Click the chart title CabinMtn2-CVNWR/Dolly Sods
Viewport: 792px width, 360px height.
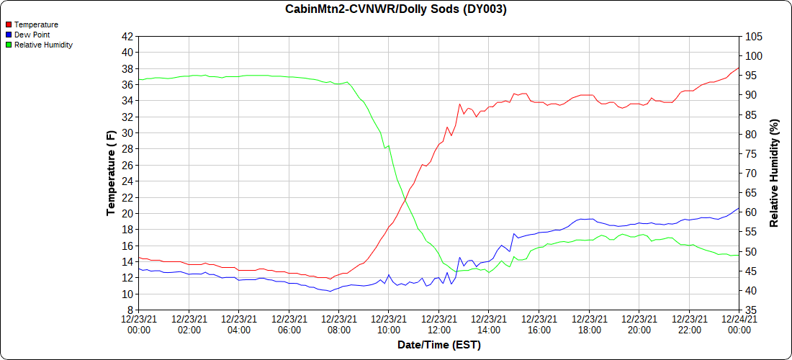[x=395, y=9]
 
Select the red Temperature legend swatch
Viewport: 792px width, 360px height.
[x=8, y=24]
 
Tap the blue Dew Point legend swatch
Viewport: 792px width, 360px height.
[x=8, y=35]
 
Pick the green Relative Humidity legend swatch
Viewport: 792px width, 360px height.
[x=8, y=45]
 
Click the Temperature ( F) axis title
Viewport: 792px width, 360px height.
[x=111, y=173]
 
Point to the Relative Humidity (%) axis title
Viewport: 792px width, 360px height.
[x=775, y=173]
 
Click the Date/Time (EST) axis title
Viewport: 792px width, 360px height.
[x=438, y=345]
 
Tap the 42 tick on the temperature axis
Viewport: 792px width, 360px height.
[x=127, y=36]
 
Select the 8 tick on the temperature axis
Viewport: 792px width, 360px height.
[x=130, y=310]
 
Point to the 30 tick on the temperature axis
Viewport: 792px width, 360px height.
[x=127, y=133]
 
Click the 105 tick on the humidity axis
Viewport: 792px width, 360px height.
[x=753, y=36]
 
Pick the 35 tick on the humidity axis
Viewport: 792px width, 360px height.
[x=751, y=310]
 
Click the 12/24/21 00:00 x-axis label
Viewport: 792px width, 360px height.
[x=739, y=324]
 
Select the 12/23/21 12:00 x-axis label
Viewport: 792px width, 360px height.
[x=438, y=324]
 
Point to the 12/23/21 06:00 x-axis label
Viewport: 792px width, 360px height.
[x=289, y=324]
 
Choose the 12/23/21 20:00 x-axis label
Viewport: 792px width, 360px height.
[x=639, y=324]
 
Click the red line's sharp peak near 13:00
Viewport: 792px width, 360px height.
[x=459, y=104]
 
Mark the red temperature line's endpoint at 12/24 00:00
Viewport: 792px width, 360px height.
[x=739, y=68]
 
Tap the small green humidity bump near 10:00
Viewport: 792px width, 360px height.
[x=389, y=145]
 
